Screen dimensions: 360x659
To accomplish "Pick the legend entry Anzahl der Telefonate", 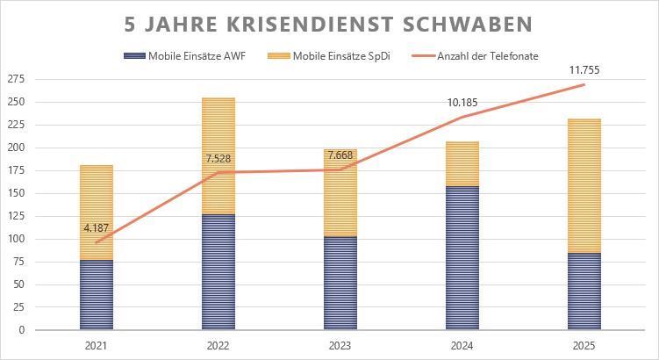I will (x=488, y=56).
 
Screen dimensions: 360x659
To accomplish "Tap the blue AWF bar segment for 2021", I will (x=97, y=295).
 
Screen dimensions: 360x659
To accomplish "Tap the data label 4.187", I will (x=97, y=228).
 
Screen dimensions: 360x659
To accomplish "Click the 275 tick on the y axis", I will (x=17, y=79).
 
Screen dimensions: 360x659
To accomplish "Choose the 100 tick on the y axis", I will (x=17, y=239).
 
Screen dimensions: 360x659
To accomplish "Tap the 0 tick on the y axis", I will (x=22, y=330).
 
